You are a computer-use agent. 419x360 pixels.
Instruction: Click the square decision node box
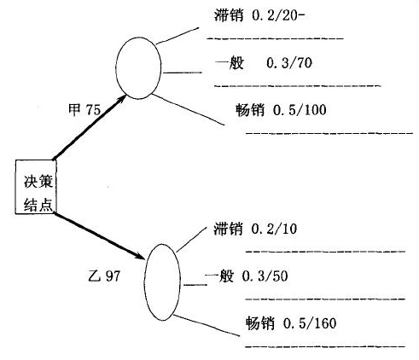[36, 187]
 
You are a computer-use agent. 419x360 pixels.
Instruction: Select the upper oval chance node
[138, 68]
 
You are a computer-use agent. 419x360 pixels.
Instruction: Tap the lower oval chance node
[162, 282]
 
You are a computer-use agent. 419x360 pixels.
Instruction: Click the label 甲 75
[84, 109]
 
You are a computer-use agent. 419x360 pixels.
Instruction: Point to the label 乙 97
[104, 276]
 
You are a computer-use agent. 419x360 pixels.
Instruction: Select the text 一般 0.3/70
[264, 62]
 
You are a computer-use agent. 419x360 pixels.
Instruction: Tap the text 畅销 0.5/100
[281, 110]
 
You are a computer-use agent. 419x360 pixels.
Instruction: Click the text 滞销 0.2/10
[255, 229]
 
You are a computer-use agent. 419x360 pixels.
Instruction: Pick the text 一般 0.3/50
[247, 276]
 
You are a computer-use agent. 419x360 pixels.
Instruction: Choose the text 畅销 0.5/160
[291, 323]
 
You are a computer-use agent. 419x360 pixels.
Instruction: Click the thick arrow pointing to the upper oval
[90, 127]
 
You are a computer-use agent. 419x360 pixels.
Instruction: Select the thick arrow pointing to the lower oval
[100, 235]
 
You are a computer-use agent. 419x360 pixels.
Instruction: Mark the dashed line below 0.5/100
[329, 133]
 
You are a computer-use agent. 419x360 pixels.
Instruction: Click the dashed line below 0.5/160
[325, 346]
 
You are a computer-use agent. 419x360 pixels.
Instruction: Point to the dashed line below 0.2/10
[325, 252]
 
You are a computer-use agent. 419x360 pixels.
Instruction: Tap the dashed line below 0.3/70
[297, 85]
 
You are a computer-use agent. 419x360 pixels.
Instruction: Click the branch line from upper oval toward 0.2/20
[177, 36]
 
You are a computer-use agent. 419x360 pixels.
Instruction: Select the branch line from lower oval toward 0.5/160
[207, 325]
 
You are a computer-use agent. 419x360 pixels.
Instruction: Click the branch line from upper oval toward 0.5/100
[188, 109]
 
